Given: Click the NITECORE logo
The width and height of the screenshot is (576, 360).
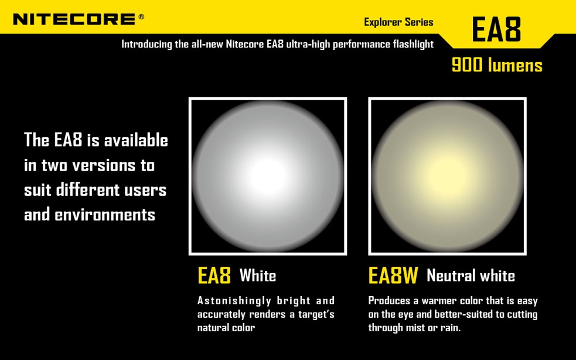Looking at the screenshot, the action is [x=74, y=19].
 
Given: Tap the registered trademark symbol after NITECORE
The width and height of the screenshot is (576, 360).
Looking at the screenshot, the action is [x=141, y=16].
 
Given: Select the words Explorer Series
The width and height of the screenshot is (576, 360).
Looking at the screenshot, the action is [x=398, y=22].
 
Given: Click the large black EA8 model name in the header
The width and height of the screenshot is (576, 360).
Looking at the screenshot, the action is [x=496, y=29].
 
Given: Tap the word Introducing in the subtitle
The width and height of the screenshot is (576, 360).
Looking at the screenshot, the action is [x=147, y=45].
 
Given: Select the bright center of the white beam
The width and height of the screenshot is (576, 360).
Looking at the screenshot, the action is [x=268, y=176].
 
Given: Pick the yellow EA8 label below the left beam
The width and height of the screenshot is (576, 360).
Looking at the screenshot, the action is [x=214, y=276].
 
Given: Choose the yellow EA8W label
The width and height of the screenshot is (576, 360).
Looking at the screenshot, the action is [x=393, y=276].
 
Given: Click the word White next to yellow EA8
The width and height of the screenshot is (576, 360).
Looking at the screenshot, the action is [x=257, y=276].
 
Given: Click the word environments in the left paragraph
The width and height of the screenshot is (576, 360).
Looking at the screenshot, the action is [x=105, y=215].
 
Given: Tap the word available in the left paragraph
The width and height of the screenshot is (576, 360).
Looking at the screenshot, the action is [x=136, y=140].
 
